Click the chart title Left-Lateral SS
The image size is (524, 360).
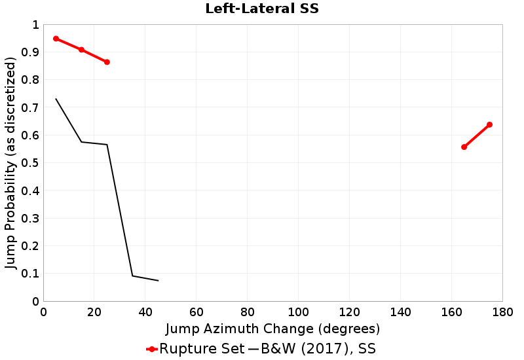[262, 9]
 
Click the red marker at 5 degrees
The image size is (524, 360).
[56, 39]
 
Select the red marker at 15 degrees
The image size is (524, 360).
[81, 50]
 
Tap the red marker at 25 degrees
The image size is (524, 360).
[107, 62]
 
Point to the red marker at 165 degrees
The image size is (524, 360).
[464, 147]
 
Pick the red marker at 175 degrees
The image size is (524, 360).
[489, 124]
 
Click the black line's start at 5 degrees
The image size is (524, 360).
[56, 99]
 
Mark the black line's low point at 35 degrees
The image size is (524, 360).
[132, 276]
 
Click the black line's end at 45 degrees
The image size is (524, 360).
[158, 281]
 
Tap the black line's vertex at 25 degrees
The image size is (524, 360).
[107, 145]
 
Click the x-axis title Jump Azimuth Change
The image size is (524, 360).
[272, 328]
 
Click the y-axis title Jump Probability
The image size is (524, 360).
[10, 163]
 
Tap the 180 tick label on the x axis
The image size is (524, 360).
[502, 312]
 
